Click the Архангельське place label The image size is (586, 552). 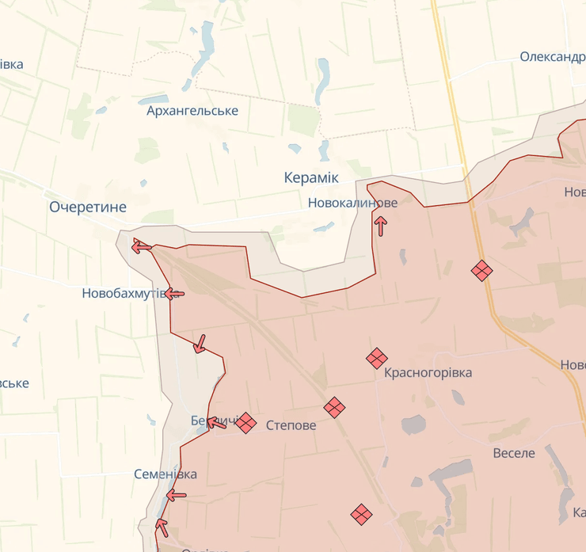coord(192,111)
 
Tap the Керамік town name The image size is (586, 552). coord(311,178)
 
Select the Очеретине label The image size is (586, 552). coord(88,207)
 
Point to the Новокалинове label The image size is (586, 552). coord(353,203)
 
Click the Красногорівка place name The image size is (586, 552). coord(428,372)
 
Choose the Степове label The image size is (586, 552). coord(291,425)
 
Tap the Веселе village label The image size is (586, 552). coord(514,453)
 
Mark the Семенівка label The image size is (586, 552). coord(166,474)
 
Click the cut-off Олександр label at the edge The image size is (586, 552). coord(552,57)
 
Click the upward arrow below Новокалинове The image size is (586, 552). coord(381,227)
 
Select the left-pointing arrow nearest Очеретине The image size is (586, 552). coord(142,247)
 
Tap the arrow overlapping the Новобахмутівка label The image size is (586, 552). coord(174,294)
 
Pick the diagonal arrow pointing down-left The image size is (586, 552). coord(200,344)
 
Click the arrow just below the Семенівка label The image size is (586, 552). coord(176,496)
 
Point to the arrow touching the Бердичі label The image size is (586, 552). coord(215,422)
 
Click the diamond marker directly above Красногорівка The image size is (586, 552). coord(377,359)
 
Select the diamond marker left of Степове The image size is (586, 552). coord(245,423)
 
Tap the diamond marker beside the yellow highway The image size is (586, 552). coord(481,271)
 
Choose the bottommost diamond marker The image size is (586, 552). coord(361,514)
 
